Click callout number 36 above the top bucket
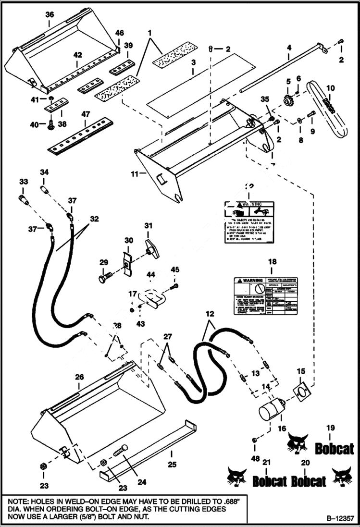50,15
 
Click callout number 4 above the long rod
289,48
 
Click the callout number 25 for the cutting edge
172,465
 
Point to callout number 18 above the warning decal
273,262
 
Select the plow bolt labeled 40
50,126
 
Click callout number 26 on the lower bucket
79,377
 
